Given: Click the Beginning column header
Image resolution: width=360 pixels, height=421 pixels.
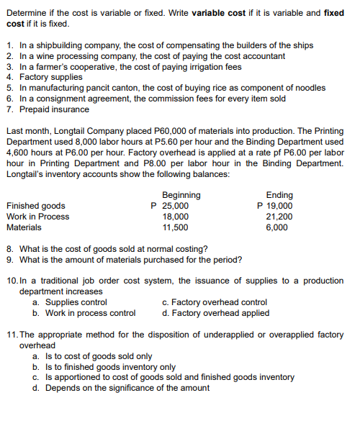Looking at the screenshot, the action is [181, 195].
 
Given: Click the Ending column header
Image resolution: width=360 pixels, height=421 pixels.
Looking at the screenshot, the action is [279, 195].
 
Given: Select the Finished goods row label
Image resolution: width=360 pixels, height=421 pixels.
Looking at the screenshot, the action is [35, 206].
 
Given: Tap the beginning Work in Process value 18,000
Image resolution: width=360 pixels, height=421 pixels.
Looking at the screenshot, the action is [176, 217].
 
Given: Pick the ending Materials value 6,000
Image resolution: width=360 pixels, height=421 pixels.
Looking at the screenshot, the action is [277, 227].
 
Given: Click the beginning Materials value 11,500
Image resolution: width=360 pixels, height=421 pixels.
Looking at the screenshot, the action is [176, 227].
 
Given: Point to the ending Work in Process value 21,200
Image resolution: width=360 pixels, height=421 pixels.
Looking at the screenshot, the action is [279, 217].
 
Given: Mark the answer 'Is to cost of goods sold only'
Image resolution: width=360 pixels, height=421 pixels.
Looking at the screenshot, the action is [98, 356].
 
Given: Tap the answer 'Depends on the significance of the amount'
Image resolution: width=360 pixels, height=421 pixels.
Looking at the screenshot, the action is [127, 388].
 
